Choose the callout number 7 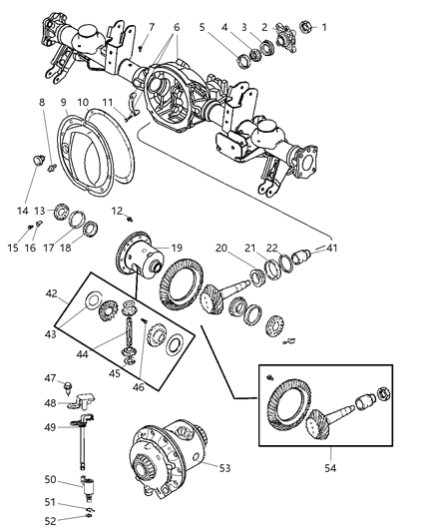[152, 26]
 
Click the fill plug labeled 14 [36, 160]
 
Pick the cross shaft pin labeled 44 [130, 335]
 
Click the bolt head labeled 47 [69, 383]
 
